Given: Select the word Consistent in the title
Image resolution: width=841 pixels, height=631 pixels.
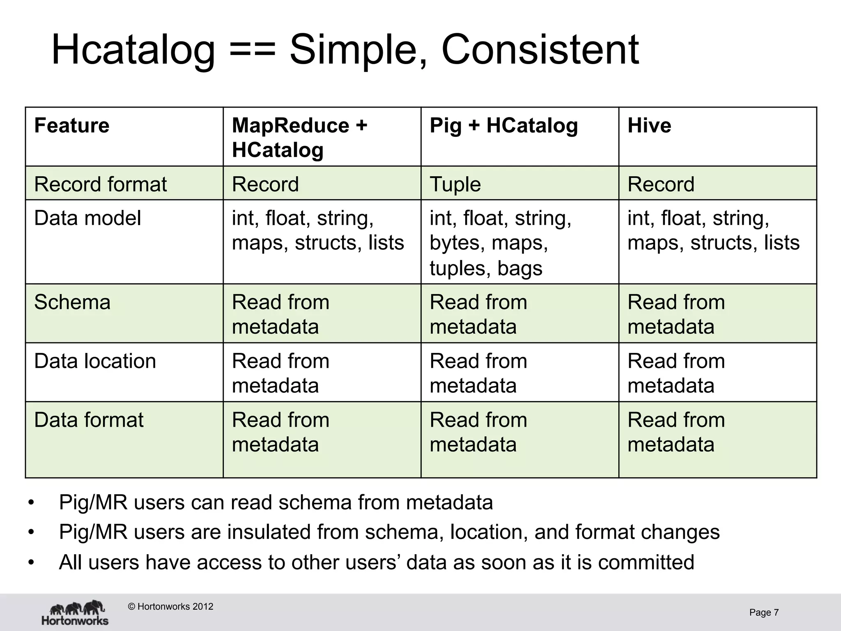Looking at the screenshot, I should coord(540,50).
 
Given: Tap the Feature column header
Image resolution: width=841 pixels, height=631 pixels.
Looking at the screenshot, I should coord(72,125).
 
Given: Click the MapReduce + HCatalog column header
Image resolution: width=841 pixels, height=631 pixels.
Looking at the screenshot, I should coord(299,137).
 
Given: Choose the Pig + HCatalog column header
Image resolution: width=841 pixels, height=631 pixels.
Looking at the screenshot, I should coord(503,125).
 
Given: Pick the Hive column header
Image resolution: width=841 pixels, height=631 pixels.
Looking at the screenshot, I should coord(649,125).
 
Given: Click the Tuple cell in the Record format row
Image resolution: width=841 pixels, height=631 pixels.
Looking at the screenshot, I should coord(455,184).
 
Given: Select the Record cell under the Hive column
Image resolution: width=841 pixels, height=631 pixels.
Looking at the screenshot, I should coord(661,184).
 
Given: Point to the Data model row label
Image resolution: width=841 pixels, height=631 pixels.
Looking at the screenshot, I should coord(87,218).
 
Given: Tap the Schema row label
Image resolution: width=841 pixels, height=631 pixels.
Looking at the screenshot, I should coord(72,302).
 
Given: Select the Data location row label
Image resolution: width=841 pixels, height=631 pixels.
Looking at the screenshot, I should coord(95,361).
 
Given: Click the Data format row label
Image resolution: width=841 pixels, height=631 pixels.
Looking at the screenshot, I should coord(89,420).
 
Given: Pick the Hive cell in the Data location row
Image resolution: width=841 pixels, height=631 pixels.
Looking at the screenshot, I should coord(676,373).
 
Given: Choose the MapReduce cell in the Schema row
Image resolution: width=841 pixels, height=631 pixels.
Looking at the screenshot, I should coord(280,314).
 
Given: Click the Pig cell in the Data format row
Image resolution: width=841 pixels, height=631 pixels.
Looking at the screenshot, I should coord(478,432).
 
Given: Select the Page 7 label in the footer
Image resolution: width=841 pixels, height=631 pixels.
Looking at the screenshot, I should coord(764,613).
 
